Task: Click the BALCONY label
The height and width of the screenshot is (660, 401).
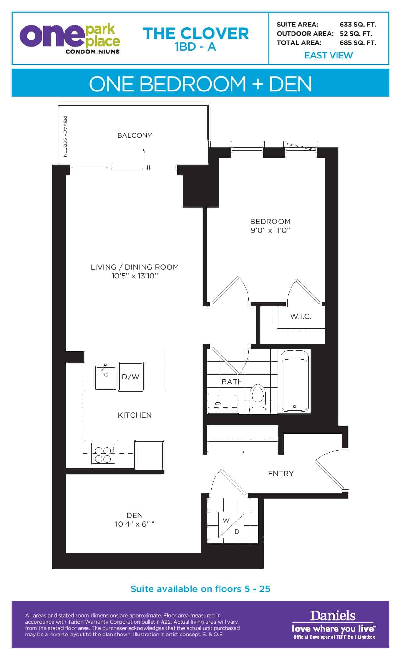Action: click(x=135, y=135)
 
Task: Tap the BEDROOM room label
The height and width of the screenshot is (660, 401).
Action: click(x=270, y=221)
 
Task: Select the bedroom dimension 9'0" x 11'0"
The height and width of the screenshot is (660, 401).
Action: click(x=270, y=230)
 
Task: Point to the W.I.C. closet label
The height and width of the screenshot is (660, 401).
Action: click(x=301, y=316)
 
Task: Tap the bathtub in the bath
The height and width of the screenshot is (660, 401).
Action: click(x=294, y=381)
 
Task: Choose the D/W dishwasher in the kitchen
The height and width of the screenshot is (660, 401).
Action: click(x=131, y=377)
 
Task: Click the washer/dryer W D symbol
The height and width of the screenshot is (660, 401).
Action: click(x=231, y=526)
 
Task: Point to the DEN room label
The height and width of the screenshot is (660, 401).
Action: click(x=135, y=515)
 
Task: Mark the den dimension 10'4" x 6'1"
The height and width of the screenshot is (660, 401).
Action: click(x=135, y=524)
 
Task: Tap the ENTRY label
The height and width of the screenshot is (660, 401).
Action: click(x=281, y=474)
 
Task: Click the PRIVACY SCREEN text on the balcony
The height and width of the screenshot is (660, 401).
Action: click(x=65, y=136)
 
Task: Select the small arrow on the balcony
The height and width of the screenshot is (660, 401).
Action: click(x=144, y=155)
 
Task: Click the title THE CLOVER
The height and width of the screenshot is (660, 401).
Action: click(x=196, y=34)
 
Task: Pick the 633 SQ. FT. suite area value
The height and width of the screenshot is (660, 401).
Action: click(x=358, y=25)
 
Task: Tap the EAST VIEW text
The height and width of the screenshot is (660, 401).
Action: click(x=329, y=55)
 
